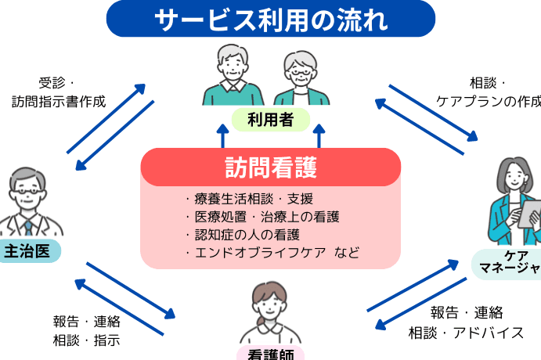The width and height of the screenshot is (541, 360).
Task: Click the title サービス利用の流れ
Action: pos(270,19)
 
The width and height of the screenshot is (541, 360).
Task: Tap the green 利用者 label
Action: pos(271,120)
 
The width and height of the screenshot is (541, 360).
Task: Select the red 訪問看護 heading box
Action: pos(271,167)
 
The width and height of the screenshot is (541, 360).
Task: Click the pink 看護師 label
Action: pos(271,354)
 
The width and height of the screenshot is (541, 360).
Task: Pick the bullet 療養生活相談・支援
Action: pos(248,199)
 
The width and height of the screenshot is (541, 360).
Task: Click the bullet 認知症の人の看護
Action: pos(242,234)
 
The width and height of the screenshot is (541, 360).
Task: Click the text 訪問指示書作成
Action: pos(59,101)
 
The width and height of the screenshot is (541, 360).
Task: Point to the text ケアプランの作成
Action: pos(489,101)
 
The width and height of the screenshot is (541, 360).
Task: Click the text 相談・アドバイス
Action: pos(467,332)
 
